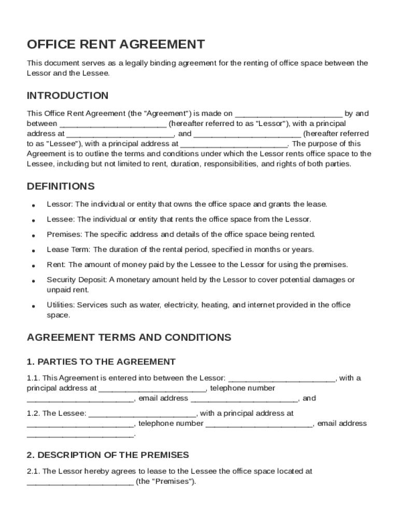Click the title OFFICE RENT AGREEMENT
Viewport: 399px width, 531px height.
(116, 45)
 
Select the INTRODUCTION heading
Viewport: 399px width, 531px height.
(67, 95)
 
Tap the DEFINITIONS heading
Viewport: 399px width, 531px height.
(61, 186)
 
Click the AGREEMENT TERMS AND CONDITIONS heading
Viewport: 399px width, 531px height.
(129, 338)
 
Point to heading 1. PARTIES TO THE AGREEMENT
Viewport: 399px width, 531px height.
(101, 362)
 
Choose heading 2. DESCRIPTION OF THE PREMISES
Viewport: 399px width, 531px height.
(108, 455)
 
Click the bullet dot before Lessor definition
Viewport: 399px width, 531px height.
(33, 205)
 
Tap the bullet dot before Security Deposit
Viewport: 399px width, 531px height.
(33, 281)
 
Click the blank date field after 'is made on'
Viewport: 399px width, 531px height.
(289, 114)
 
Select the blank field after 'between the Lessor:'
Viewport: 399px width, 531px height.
(282, 378)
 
